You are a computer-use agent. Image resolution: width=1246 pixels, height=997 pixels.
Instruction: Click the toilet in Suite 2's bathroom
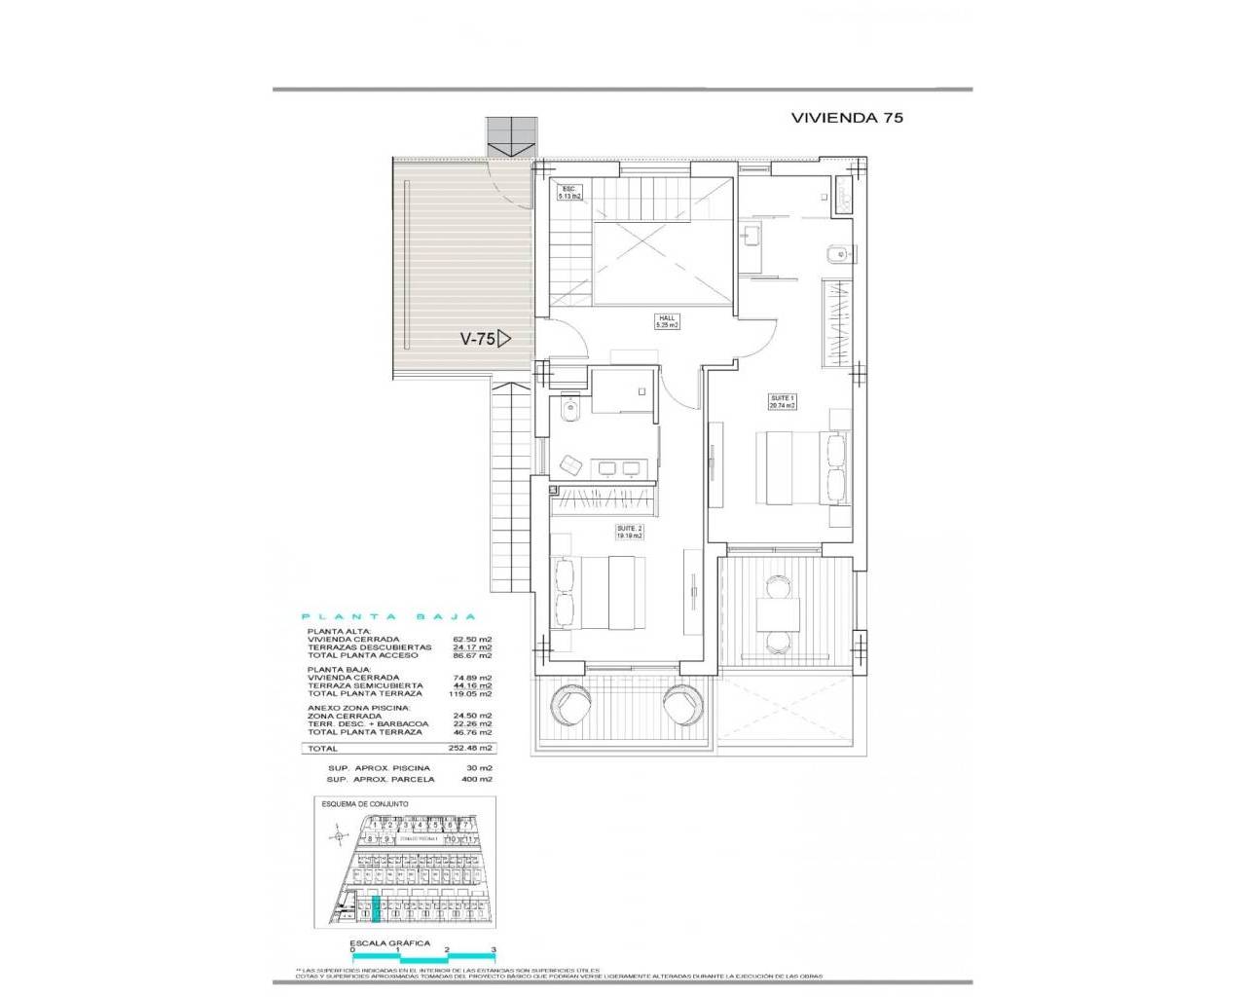[x=570, y=413]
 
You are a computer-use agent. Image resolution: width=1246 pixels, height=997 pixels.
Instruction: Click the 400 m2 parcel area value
[x=479, y=780]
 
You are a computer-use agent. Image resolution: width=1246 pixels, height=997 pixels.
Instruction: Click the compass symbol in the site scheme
[x=338, y=834]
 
